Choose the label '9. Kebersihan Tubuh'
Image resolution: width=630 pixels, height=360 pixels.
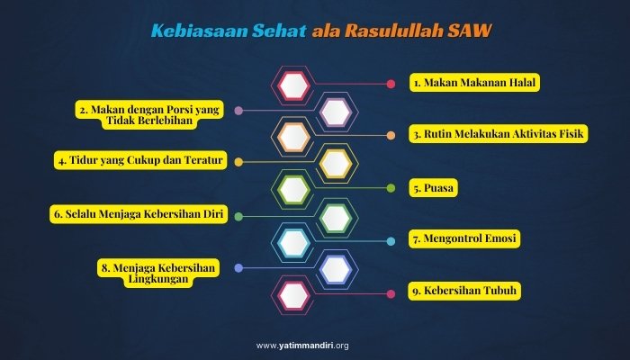(x=465, y=292)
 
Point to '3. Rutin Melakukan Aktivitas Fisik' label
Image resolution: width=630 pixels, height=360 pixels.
(x=499, y=135)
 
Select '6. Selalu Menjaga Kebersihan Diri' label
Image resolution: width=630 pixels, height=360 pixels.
(x=138, y=214)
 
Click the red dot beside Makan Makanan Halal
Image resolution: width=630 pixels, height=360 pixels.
(x=391, y=84)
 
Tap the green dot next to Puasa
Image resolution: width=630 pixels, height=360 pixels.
(x=391, y=188)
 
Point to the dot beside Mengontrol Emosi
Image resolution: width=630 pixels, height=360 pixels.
(x=391, y=240)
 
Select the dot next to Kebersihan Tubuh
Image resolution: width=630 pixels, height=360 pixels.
(x=391, y=293)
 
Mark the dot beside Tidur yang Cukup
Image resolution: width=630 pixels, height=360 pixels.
(x=239, y=162)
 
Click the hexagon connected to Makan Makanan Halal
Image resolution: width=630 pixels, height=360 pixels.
(x=293, y=85)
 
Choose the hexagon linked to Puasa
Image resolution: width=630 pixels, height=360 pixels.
(x=293, y=190)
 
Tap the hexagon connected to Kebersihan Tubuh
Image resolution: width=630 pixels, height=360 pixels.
(x=293, y=294)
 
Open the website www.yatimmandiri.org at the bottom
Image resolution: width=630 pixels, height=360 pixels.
(x=315, y=345)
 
